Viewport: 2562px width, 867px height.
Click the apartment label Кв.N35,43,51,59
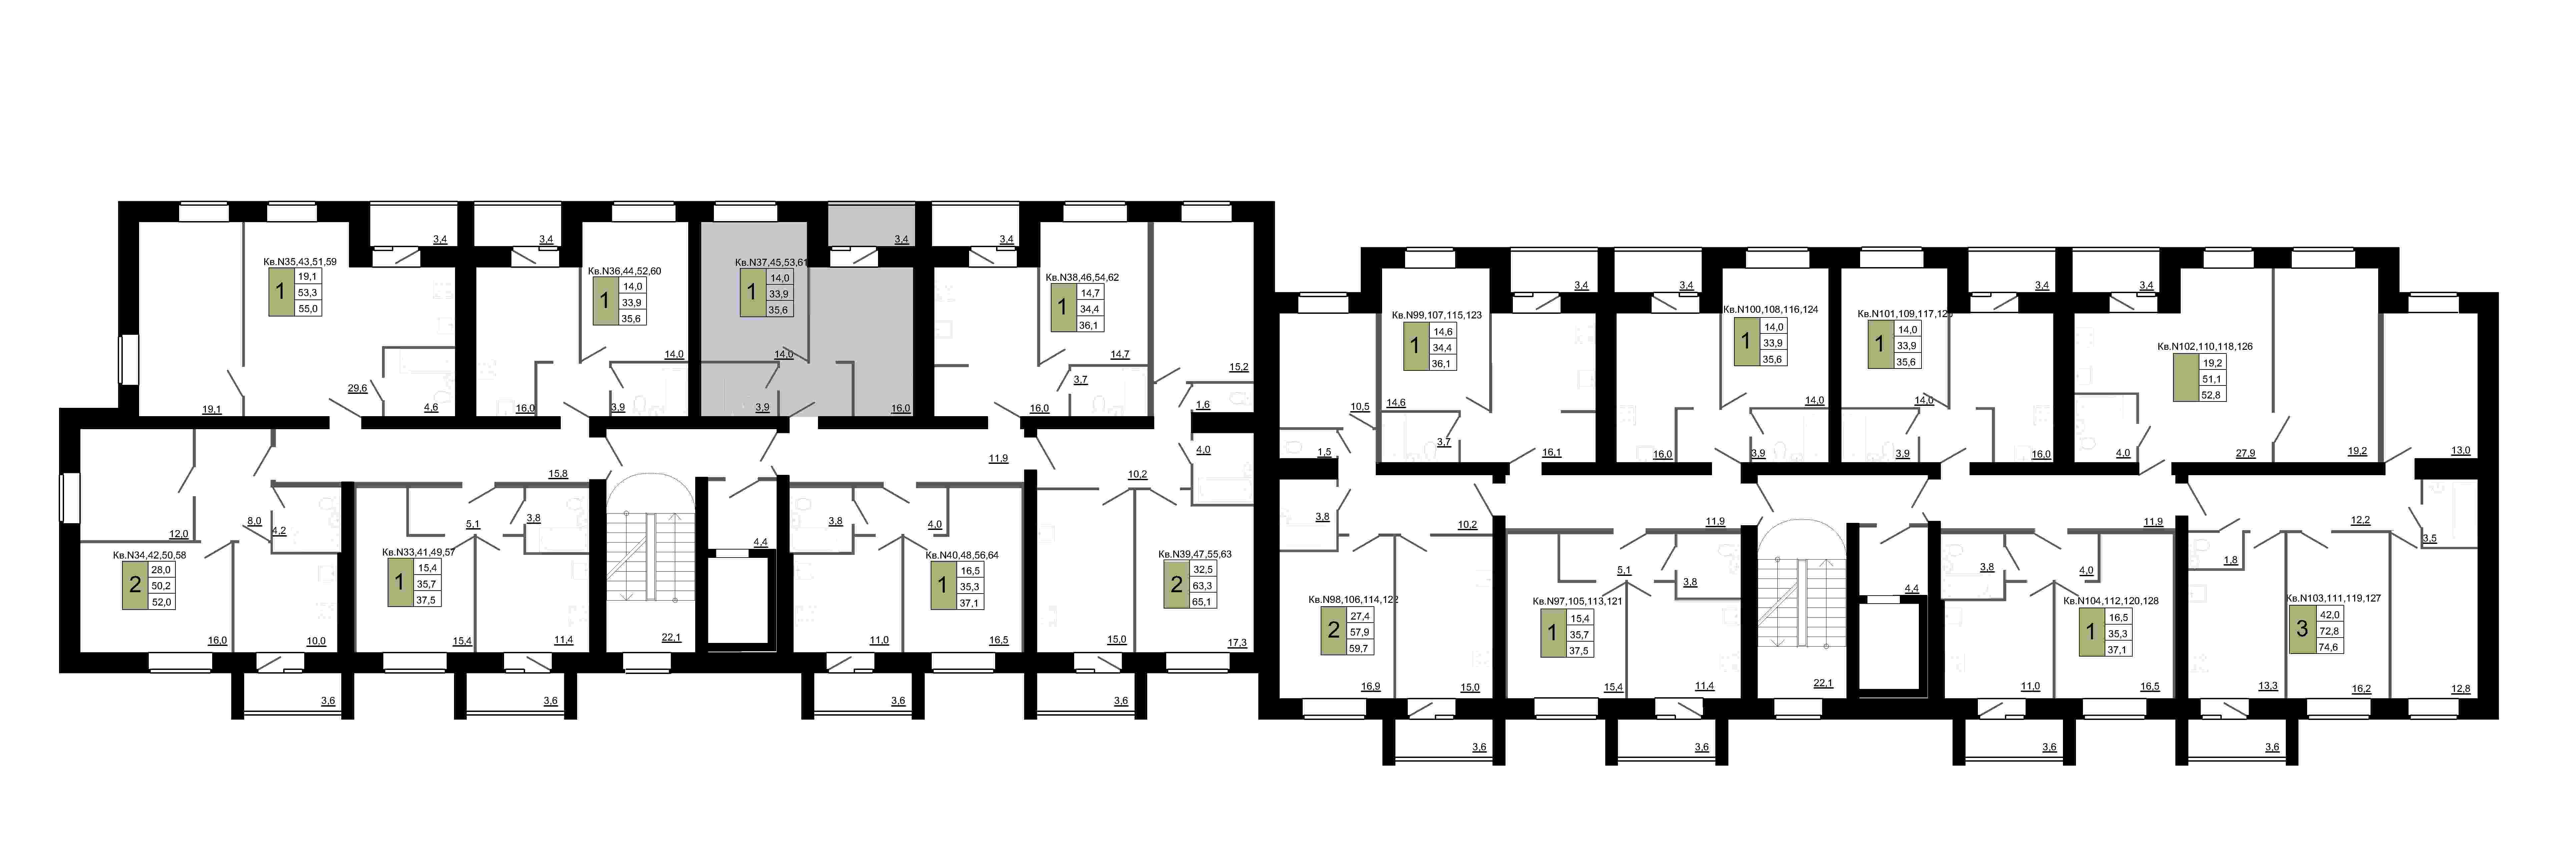click(299, 261)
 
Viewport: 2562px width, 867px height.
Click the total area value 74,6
click(2328, 646)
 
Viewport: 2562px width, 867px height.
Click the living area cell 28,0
click(161, 570)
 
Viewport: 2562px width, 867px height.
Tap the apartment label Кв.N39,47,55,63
click(1195, 554)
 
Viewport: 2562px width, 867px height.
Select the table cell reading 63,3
click(1202, 586)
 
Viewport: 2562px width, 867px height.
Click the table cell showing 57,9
click(1360, 631)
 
